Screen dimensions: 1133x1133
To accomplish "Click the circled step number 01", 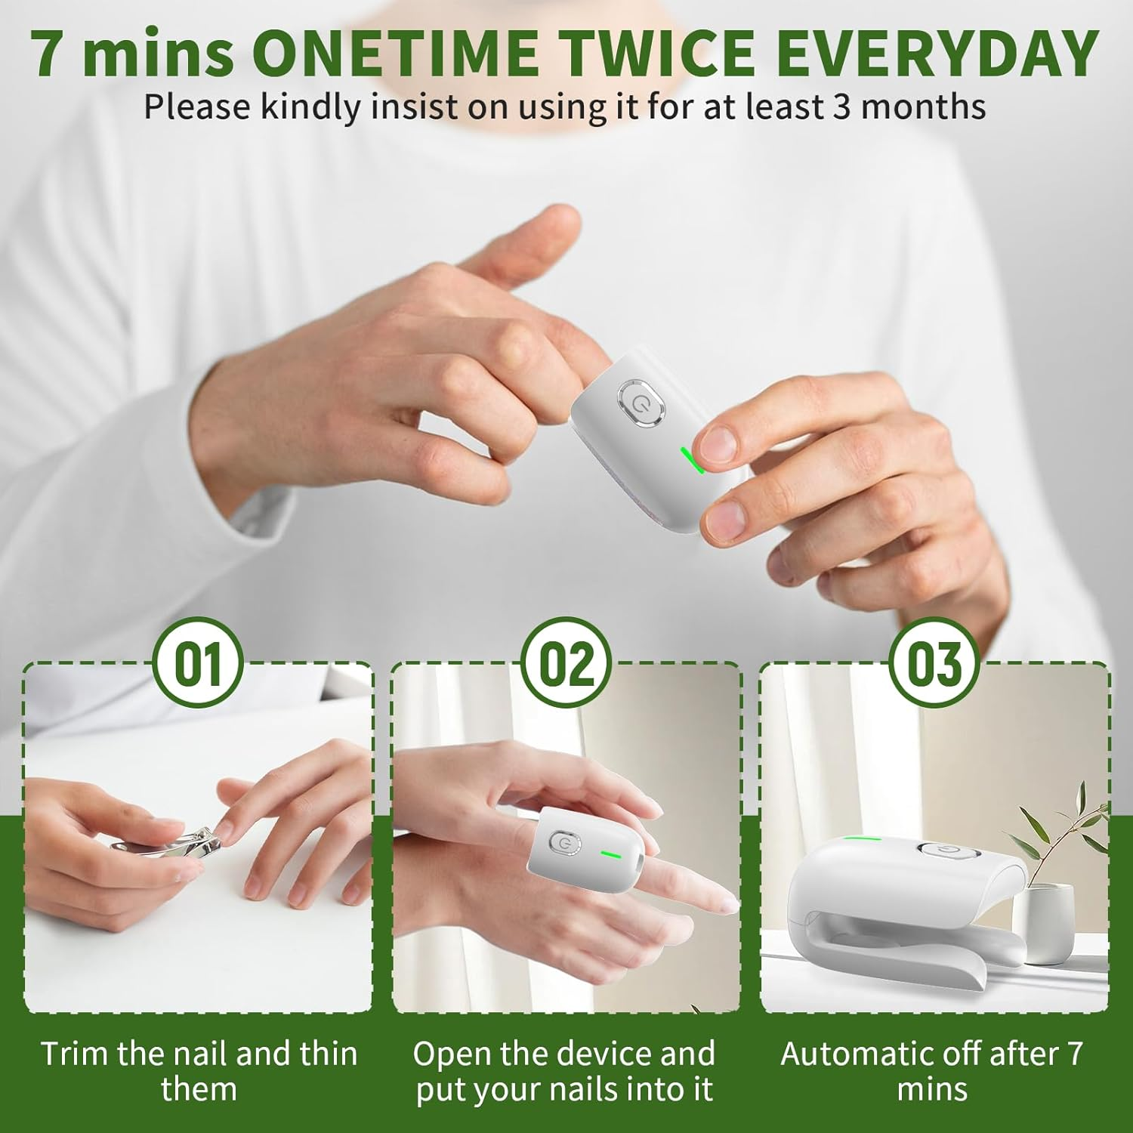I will coord(198,663).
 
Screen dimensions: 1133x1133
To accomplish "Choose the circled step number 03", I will coord(935,663).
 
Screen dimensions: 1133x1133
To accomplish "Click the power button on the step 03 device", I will coord(947,851).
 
